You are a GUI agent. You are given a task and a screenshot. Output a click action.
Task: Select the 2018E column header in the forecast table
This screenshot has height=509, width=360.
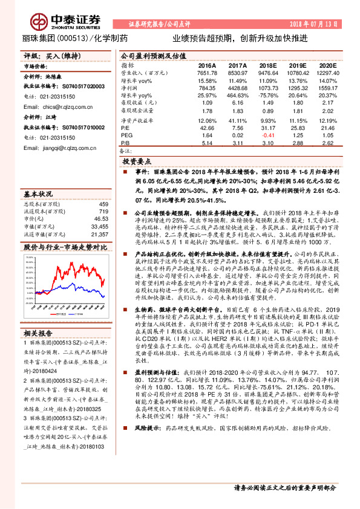268,65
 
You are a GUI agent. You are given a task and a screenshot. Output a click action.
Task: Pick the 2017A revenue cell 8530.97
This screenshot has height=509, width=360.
237,73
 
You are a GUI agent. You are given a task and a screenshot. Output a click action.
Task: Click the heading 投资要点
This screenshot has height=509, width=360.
136,163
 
